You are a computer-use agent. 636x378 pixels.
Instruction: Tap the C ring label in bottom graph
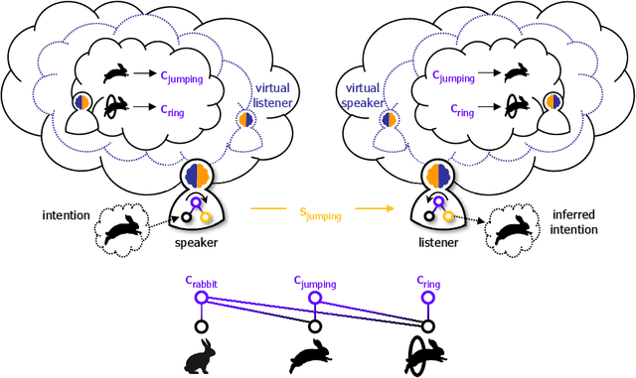[x=428, y=281]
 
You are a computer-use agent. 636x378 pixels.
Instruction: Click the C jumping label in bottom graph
[x=314, y=281]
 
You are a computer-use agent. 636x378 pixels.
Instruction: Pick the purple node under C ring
[x=428, y=297]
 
